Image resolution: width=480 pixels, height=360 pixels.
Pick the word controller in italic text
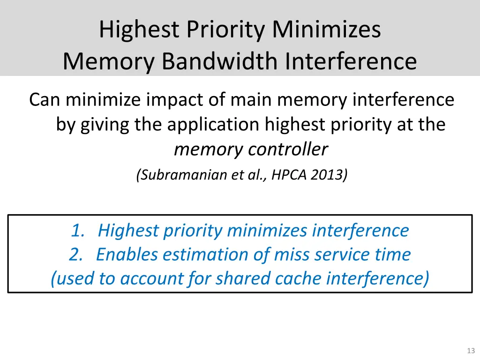point(288,150)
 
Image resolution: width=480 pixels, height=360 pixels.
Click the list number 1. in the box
point(78,231)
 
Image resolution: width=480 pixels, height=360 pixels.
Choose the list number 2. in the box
point(76,255)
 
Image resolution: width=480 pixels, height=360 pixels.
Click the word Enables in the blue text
point(126,255)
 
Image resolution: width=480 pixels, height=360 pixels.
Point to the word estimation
point(205,255)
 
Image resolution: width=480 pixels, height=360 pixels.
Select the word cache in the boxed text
point(299,279)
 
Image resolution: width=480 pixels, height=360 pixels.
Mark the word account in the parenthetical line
point(146,279)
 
